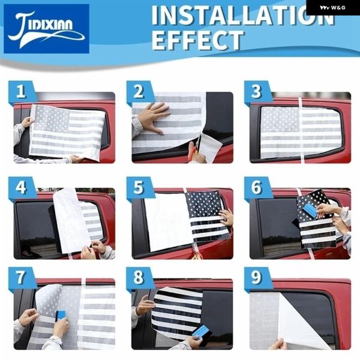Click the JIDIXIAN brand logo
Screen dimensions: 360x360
47,29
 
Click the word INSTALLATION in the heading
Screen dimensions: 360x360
243,16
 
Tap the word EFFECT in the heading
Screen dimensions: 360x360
197,40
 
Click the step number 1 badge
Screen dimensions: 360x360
21,91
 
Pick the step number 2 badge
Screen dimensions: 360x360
139,91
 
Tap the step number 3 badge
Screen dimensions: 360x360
257,91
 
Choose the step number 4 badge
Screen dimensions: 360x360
21,187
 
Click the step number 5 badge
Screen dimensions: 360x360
139,187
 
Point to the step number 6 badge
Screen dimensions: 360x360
257,187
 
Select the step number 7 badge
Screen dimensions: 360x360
21,278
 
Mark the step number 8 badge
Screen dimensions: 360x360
139,278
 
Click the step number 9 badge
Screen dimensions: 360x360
257,278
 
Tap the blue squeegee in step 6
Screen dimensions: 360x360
311,209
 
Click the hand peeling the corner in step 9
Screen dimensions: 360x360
278,344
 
